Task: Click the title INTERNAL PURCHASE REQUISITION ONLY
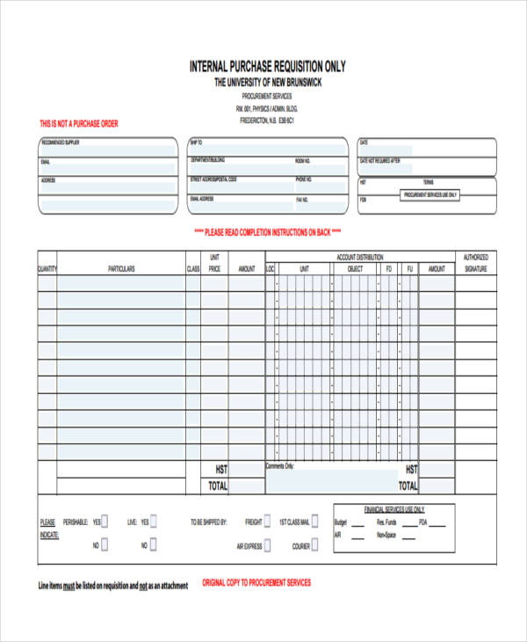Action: [268, 66]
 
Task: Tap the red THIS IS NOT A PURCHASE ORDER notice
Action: [79, 124]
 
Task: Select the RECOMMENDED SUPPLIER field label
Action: [60, 142]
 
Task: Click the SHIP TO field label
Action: [197, 142]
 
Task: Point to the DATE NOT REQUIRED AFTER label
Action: [379, 161]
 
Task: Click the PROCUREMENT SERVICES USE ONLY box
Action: [430, 194]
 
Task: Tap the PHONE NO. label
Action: [304, 179]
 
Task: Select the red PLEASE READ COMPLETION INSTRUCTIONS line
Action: [267, 233]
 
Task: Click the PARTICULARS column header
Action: [121, 269]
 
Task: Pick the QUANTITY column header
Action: [47, 269]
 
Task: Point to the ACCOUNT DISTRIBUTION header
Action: [360, 257]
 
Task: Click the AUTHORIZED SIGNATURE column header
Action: [475, 263]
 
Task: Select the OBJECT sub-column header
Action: [355, 269]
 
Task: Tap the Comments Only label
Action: [280, 466]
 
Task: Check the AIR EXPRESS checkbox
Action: [271, 545]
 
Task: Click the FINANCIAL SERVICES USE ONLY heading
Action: [394, 509]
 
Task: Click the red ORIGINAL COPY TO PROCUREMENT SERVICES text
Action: [256, 582]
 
